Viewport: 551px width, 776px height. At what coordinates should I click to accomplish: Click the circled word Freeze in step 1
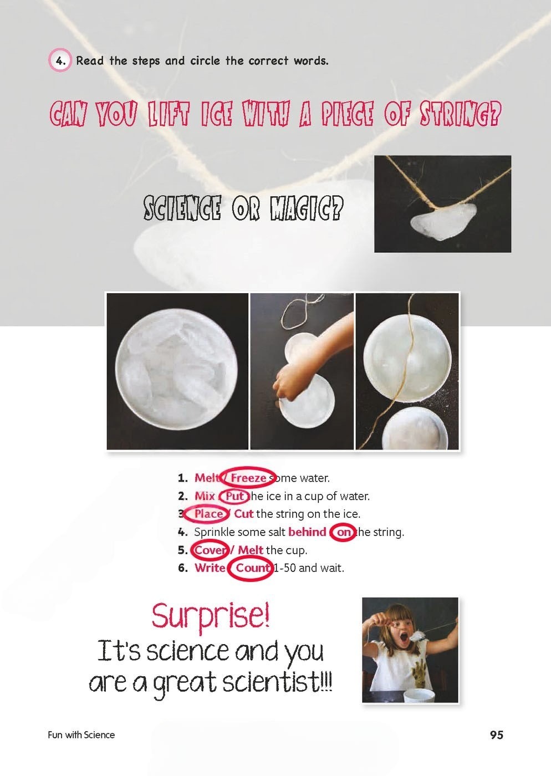point(248,478)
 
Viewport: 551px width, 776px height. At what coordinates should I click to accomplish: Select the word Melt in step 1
point(207,478)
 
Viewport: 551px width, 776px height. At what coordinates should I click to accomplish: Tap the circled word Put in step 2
point(234,497)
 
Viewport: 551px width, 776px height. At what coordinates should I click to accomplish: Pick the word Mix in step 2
point(205,497)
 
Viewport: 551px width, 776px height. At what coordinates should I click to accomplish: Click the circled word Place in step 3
point(208,514)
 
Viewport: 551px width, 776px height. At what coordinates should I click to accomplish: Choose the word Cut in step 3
point(244,514)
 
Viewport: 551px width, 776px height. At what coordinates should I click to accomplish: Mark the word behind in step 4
point(308,532)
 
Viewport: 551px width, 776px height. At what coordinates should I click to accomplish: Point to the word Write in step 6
point(210,568)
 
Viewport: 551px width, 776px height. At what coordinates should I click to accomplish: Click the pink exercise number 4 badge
point(60,60)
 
